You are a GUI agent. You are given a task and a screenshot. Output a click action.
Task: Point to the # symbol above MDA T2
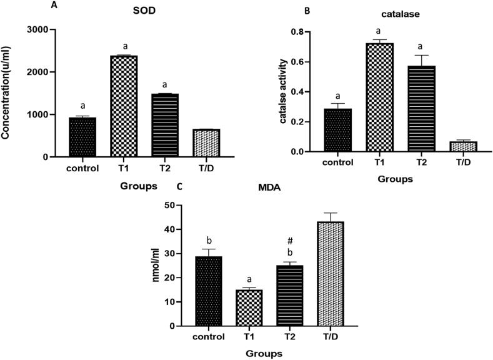[x=290, y=240]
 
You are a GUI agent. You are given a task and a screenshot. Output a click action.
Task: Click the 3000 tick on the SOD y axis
[x=37, y=30]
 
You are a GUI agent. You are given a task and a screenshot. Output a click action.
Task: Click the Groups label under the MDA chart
[x=264, y=353]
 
